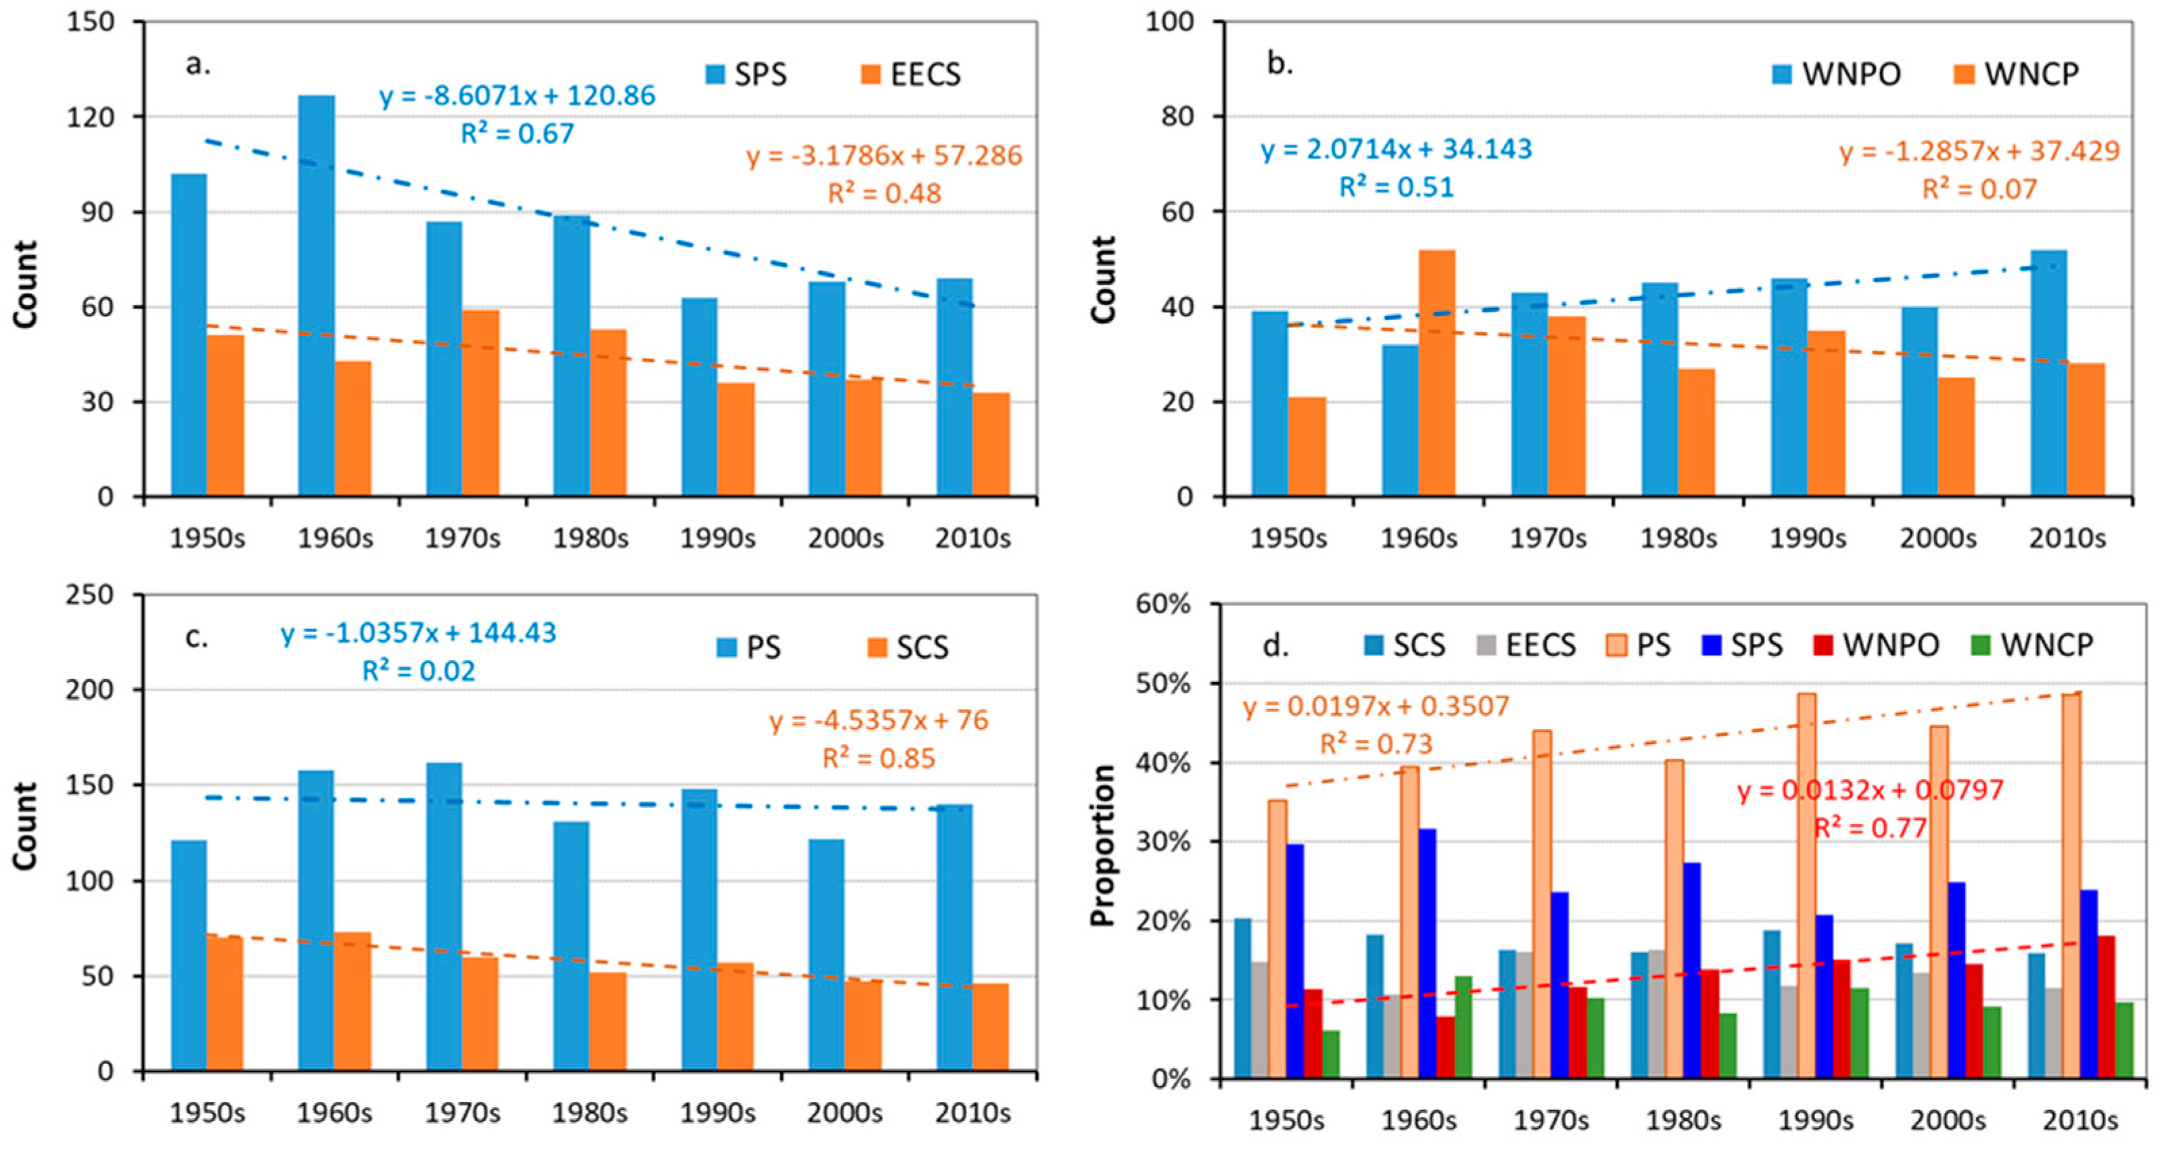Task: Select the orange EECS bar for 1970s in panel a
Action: [480, 403]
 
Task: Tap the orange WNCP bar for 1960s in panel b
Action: [1436, 373]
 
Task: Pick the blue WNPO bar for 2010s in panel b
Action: [2048, 373]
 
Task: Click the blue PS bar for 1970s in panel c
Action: [444, 917]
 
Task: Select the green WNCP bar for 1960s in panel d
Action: [1463, 1027]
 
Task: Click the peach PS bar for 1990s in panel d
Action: [1807, 885]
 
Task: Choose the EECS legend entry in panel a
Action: [911, 74]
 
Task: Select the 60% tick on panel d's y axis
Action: [1163, 604]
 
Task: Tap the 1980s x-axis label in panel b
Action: [1678, 538]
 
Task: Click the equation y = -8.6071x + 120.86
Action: [517, 95]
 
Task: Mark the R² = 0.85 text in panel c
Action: [878, 758]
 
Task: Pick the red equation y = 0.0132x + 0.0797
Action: [1871, 790]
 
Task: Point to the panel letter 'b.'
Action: [1279, 64]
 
